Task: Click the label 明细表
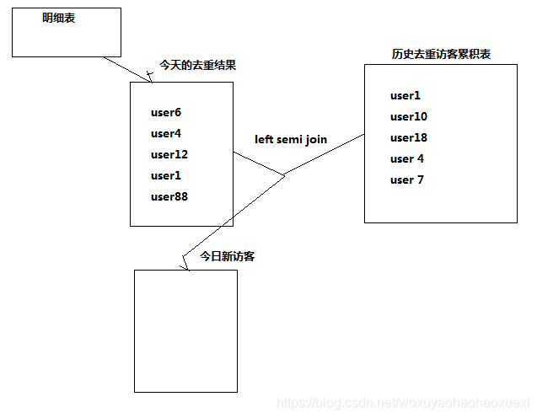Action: tap(59, 18)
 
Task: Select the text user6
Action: tap(166, 112)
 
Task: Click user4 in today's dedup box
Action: tap(166, 133)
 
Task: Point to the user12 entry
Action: tap(169, 154)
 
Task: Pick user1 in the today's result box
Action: tap(166, 175)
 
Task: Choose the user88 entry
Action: tap(169, 196)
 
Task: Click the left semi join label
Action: tap(291, 139)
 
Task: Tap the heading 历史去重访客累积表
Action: tap(441, 54)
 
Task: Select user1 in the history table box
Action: tap(405, 95)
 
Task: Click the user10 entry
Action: tap(409, 116)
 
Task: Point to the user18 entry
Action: tap(409, 137)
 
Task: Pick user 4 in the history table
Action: tap(407, 158)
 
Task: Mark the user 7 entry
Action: tap(407, 180)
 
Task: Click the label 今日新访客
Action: tap(228, 256)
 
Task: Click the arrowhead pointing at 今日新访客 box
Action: tap(185, 265)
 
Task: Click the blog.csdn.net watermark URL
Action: tap(404, 405)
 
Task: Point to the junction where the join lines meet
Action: tap(284, 174)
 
